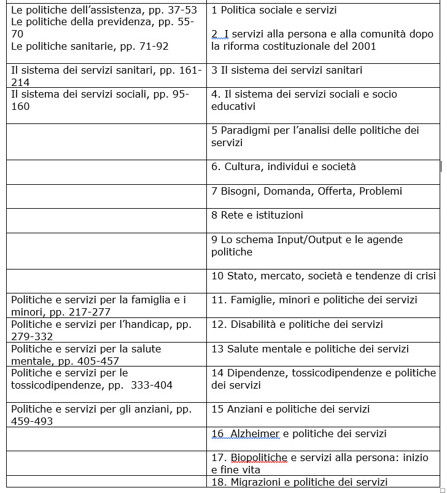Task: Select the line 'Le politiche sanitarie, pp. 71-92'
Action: (x=90, y=46)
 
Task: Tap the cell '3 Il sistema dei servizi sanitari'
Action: (x=287, y=70)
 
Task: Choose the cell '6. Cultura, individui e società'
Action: (x=284, y=167)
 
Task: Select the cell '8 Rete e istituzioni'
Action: (x=257, y=215)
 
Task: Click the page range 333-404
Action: (x=148, y=385)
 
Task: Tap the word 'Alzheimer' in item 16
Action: (x=255, y=433)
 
